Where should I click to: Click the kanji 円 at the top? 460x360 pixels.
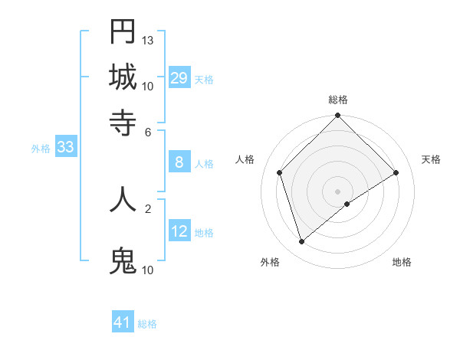[123, 32]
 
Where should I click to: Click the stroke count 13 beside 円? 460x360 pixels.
[148, 40]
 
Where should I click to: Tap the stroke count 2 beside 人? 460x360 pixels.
[148, 208]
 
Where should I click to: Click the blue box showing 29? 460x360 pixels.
[179, 78]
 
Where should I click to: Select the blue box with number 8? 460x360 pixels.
[179, 162]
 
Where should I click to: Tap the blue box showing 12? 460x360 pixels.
[179, 231]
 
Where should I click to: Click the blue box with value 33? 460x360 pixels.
[65, 148]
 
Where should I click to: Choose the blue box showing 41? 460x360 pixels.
[123, 322]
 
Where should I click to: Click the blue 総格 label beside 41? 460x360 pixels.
[147, 324]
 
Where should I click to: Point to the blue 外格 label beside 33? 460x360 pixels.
[41, 149]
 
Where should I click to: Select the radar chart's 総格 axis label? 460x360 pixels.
[338, 100]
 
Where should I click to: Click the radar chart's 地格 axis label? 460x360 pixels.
[402, 263]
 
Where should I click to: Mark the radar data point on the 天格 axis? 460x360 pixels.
[396, 172]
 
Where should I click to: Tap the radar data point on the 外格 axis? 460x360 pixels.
[301, 242]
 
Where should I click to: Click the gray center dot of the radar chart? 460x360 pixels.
[338, 191]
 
